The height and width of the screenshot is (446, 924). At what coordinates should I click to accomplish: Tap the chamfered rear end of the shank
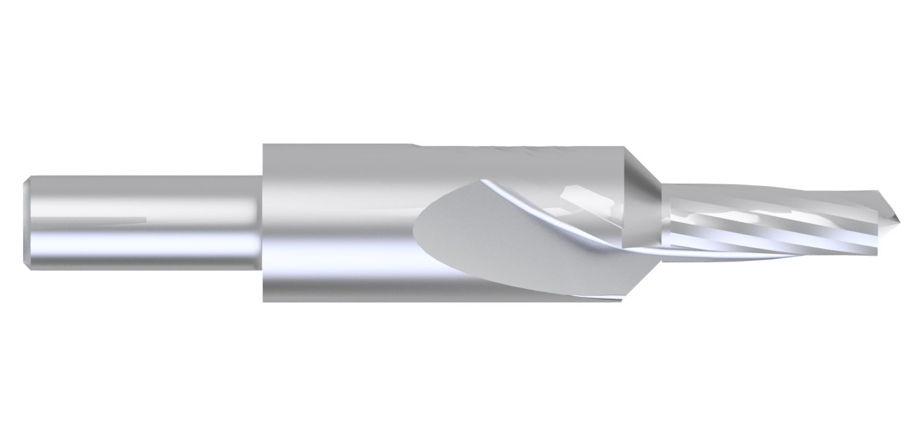click(27, 222)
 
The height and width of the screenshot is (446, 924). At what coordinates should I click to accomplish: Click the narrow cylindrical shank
click(146, 201)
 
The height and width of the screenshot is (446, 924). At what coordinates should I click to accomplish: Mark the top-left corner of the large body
click(264, 145)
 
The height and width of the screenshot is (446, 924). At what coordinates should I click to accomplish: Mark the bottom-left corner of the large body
click(264, 301)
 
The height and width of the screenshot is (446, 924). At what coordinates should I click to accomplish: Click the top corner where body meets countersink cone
click(624, 147)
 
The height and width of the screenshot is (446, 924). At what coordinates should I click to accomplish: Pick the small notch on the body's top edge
click(414, 145)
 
